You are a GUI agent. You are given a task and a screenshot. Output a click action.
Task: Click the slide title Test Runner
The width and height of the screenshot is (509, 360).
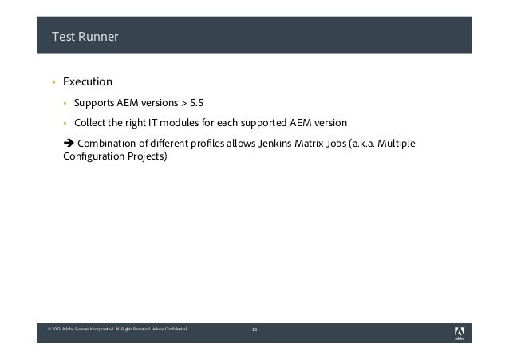click(x=84, y=35)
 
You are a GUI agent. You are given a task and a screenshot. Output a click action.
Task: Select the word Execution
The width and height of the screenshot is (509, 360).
click(x=88, y=81)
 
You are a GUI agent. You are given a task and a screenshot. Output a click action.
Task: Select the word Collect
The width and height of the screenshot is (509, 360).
click(x=90, y=124)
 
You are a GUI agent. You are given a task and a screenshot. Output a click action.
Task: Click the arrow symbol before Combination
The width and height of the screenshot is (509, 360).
click(x=68, y=144)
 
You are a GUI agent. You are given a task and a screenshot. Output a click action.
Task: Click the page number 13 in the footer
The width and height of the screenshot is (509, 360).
click(x=254, y=330)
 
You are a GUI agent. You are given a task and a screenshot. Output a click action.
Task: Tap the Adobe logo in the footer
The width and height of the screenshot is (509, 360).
click(x=460, y=332)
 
